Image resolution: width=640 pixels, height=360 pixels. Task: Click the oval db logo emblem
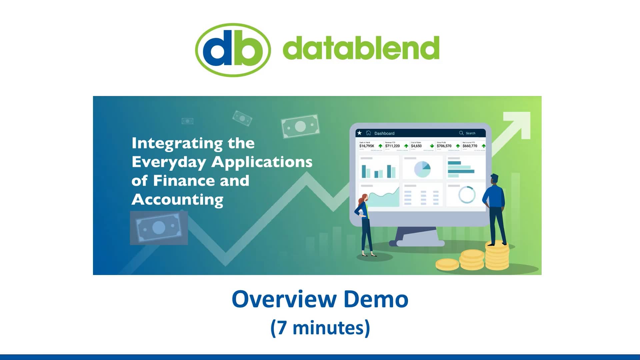(233, 50)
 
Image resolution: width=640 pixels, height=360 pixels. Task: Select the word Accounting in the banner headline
(177, 200)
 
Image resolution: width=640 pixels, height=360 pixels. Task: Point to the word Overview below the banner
(284, 299)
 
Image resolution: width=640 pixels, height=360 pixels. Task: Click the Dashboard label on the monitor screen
(384, 133)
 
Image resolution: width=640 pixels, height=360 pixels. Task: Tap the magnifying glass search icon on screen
(461, 133)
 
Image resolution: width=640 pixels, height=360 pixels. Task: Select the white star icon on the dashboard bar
(359, 133)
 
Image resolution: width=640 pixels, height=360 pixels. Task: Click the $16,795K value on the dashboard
(367, 146)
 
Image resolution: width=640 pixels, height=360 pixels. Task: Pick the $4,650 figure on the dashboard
(416, 146)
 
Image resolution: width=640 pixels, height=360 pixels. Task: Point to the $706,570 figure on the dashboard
(444, 146)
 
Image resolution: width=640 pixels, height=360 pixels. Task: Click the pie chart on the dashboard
(422, 169)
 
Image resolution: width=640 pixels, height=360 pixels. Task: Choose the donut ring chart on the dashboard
(467, 195)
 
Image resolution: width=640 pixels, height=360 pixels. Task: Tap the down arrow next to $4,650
(432, 146)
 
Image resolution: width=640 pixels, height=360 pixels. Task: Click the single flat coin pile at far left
(447, 264)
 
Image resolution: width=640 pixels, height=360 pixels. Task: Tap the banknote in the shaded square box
(159, 228)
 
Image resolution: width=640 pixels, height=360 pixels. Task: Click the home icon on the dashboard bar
(368, 133)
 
